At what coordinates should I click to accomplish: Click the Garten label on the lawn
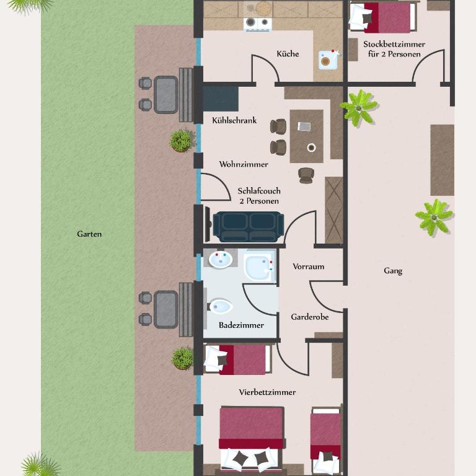tap(89, 234)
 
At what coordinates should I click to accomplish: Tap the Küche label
tap(288, 54)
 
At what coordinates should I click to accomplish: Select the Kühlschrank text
tap(234, 120)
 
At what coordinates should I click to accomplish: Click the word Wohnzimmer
tap(244, 164)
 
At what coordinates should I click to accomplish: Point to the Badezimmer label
tap(241, 325)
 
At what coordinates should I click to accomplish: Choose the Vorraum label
tap(309, 267)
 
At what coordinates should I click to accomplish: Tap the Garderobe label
tap(310, 317)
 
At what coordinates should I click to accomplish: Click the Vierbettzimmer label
tap(267, 392)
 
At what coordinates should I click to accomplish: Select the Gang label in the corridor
tap(393, 271)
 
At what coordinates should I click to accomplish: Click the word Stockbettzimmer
tap(394, 45)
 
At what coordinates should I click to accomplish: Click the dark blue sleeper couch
tap(249, 227)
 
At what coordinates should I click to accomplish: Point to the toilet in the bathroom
tap(219, 307)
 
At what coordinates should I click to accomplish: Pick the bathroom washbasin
tap(221, 260)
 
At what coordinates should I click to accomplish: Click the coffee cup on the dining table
tap(311, 148)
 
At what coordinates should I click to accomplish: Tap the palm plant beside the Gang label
tap(434, 218)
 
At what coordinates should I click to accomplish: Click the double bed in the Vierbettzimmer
tap(252, 439)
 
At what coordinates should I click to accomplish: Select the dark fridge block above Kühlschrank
tap(221, 99)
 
